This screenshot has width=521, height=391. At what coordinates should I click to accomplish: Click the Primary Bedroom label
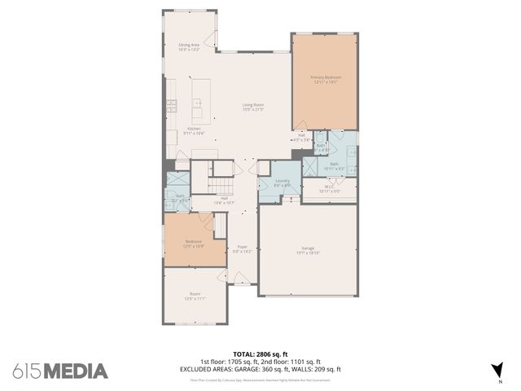(x=325, y=79)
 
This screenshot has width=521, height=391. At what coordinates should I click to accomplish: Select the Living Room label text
(x=253, y=107)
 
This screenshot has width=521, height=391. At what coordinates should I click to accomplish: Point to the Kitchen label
(x=195, y=130)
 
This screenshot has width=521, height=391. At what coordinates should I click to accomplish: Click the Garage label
(x=307, y=250)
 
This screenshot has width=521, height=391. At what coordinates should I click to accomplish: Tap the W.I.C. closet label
(x=331, y=190)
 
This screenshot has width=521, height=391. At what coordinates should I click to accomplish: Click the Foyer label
(x=242, y=248)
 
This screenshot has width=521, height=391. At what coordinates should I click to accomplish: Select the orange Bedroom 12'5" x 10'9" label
(x=193, y=244)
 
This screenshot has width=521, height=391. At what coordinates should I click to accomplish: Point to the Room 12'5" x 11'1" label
(x=195, y=297)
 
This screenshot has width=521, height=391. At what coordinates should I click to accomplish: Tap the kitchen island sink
(x=196, y=103)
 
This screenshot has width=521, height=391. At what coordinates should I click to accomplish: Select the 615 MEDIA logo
(x=60, y=371)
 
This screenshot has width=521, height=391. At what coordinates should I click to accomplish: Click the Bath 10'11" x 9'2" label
(x=334, y=168)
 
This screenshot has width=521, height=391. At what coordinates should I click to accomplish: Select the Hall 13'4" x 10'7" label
(x=224, y=200)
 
